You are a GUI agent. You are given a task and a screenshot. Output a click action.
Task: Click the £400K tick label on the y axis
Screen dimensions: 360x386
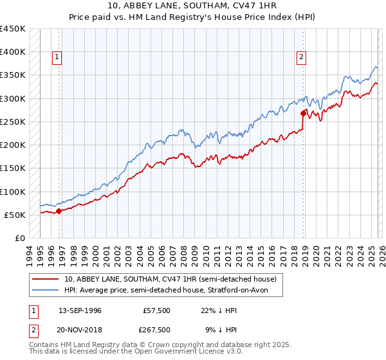pos(12,52)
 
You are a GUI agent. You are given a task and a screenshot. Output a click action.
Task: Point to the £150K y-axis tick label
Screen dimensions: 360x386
pos(12,168)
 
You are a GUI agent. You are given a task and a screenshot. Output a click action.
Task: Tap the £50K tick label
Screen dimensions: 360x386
pos(15,215)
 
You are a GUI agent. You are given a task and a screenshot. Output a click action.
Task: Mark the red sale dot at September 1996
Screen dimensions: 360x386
pos(59,211)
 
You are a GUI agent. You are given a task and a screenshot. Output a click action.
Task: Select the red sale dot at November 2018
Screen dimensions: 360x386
pos(303,113)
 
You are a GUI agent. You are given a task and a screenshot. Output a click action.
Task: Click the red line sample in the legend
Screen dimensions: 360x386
pos(46,279)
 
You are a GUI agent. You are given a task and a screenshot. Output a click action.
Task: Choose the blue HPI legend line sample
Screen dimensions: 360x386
pos(46,291)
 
